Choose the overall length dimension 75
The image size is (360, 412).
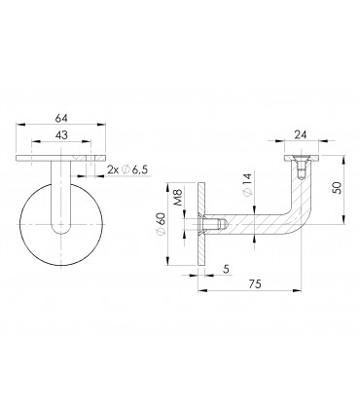[x=252, y=284]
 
